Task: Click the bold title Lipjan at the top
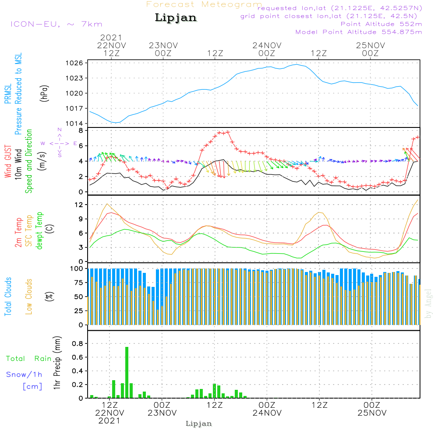(176, 18)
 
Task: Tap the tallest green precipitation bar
(127, 372)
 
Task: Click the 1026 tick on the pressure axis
(74, 63)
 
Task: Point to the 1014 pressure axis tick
(74, 124)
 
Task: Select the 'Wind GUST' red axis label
(8, 161)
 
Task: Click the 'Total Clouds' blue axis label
(8, 297)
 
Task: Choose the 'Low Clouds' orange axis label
(29, 297)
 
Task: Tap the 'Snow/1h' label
(24, 374)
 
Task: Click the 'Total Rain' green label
(29, 358)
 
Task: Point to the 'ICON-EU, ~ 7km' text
(57, 24)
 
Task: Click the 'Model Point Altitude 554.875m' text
(359, 32)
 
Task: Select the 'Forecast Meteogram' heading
(204, 4)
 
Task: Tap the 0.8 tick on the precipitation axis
(78, 343)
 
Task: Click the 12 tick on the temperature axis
(79, 205)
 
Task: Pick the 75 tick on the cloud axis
(79, 283)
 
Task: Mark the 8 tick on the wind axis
(81, 131)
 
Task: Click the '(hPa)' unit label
(44, 94)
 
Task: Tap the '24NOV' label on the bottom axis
(267, 413)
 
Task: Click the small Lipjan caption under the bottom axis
(198, 424)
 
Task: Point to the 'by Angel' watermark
(428, 304)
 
